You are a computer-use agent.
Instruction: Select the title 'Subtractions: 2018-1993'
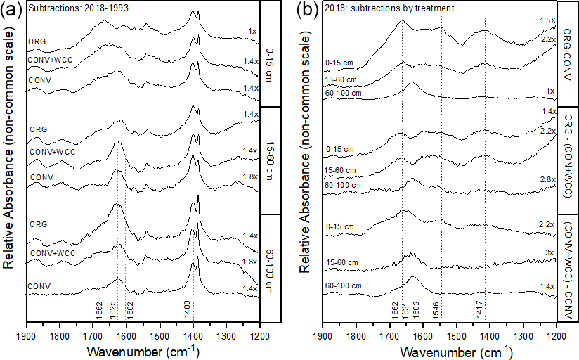65,9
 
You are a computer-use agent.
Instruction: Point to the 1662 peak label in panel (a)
99,310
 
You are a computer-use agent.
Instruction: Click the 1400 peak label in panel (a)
188,310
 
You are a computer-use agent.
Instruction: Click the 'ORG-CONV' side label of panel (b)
568,53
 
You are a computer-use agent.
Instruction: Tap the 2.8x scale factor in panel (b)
546,180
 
